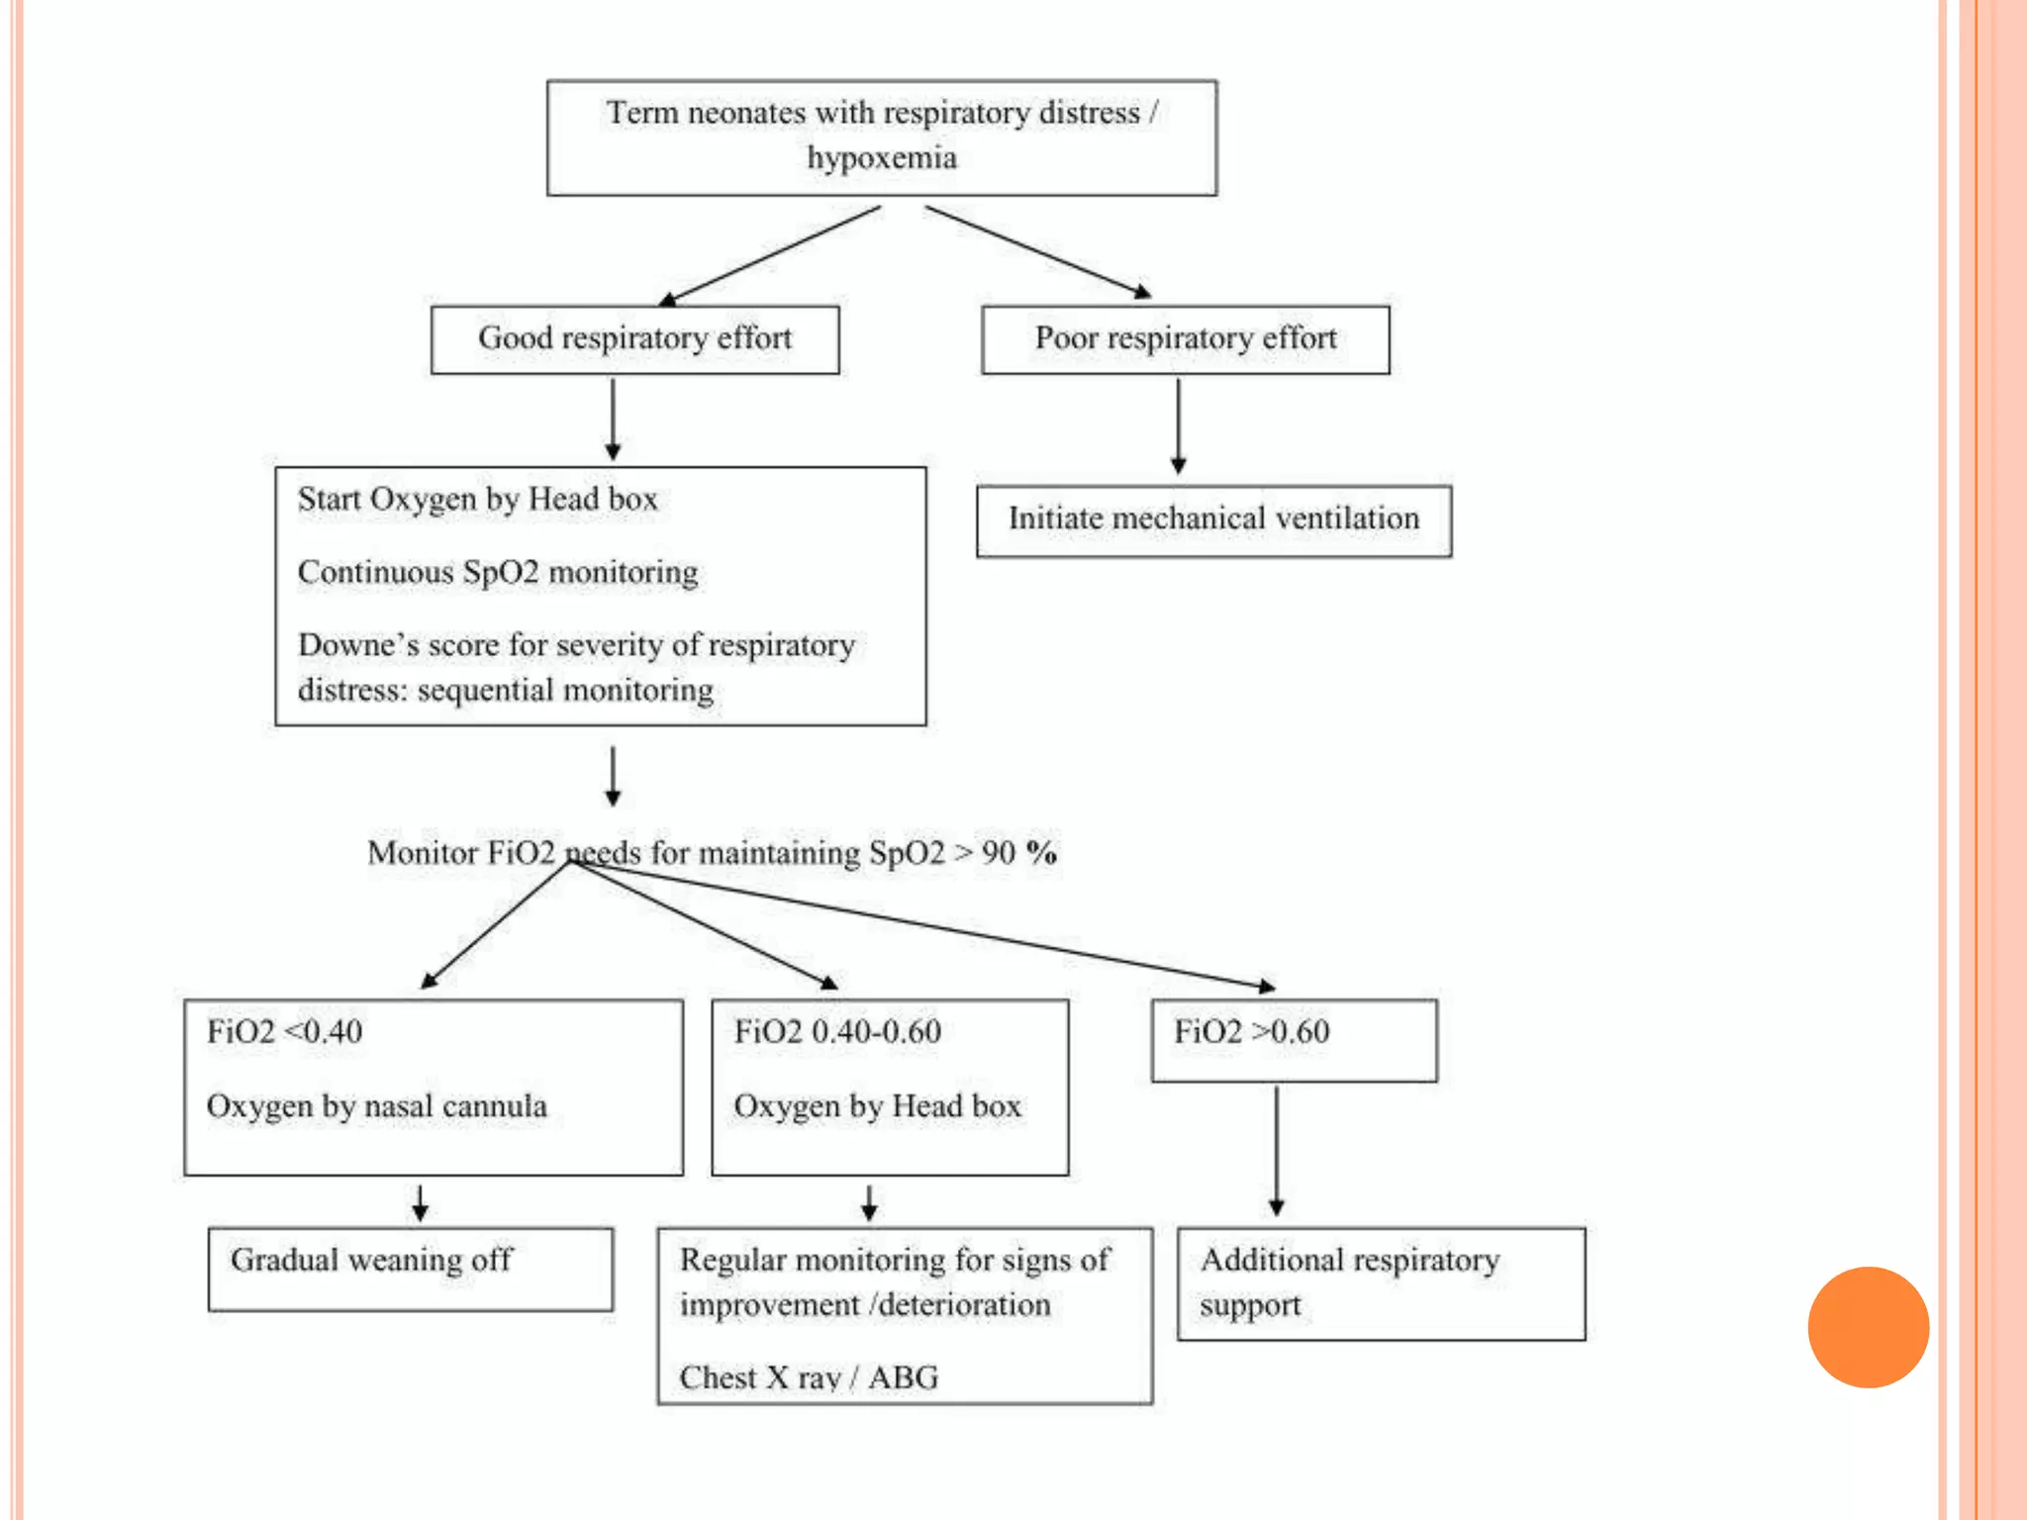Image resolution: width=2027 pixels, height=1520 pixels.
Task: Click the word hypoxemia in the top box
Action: pos(881,158)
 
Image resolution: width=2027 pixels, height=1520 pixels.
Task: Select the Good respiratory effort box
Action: pos(634,339)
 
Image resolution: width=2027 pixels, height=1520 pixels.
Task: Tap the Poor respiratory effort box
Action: pos(1185,339)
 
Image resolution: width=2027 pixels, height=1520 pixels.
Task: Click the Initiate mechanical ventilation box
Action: pos(1213,520)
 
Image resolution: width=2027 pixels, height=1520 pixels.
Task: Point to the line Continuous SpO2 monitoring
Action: pos(498,573)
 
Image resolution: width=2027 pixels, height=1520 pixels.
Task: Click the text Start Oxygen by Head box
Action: pos(477,500)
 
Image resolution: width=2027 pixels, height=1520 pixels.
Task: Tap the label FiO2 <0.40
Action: pos(284,1032)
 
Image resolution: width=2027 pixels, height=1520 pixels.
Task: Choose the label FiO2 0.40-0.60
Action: pos(837,1032)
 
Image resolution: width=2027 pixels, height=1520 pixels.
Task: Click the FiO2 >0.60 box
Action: pos(1294,1039)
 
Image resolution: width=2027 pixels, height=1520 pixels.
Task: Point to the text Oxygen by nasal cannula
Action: pos(376,1106)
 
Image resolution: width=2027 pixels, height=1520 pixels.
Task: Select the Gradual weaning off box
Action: pos(410,1269)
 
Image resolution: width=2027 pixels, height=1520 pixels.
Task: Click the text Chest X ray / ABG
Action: pos(809,1377)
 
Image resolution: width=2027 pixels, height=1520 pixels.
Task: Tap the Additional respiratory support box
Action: pos(1381,1283)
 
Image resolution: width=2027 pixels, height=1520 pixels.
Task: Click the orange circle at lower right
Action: pos(1868,1327)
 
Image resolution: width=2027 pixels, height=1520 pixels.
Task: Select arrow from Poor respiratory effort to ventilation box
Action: pos(1178,426)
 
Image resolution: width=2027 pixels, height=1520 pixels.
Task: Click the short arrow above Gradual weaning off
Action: pos(420,1201)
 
